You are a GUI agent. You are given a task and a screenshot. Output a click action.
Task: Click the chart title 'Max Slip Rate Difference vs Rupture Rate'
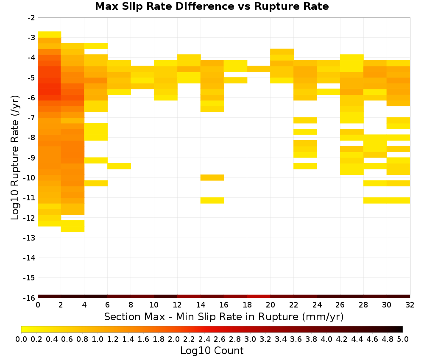(x=212, y=6)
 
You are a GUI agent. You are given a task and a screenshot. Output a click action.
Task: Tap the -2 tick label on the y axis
(x=31, y=18)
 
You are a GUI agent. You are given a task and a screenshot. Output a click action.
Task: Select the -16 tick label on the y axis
(x=29, y=298)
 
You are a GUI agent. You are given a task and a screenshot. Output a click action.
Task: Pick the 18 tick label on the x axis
(x=247, y=305)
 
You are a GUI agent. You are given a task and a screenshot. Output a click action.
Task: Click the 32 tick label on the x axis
(x=410, y=305)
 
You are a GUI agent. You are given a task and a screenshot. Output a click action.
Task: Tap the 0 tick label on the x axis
(x=38, y=305)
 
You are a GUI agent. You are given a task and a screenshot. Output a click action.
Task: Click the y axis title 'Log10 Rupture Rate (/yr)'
(x=15, y=158)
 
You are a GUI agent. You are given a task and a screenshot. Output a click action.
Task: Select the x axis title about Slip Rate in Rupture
(x=223, y=316)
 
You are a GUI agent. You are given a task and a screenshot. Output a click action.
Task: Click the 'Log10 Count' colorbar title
(x=212, y=351)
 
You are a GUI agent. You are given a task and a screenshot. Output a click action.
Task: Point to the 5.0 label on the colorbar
(x=403, y=339)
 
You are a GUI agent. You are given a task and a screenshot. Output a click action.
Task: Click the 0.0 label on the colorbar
(x=21, y=339)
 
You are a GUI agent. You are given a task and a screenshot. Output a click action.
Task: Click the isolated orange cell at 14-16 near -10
(x=212, y=177)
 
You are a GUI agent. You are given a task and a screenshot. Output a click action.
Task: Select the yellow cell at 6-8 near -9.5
(x=119, y=166)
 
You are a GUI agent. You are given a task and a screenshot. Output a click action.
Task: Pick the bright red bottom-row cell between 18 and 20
(x=259, y=296)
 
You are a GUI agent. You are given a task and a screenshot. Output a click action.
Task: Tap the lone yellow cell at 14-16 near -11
(x=212, y=200)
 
